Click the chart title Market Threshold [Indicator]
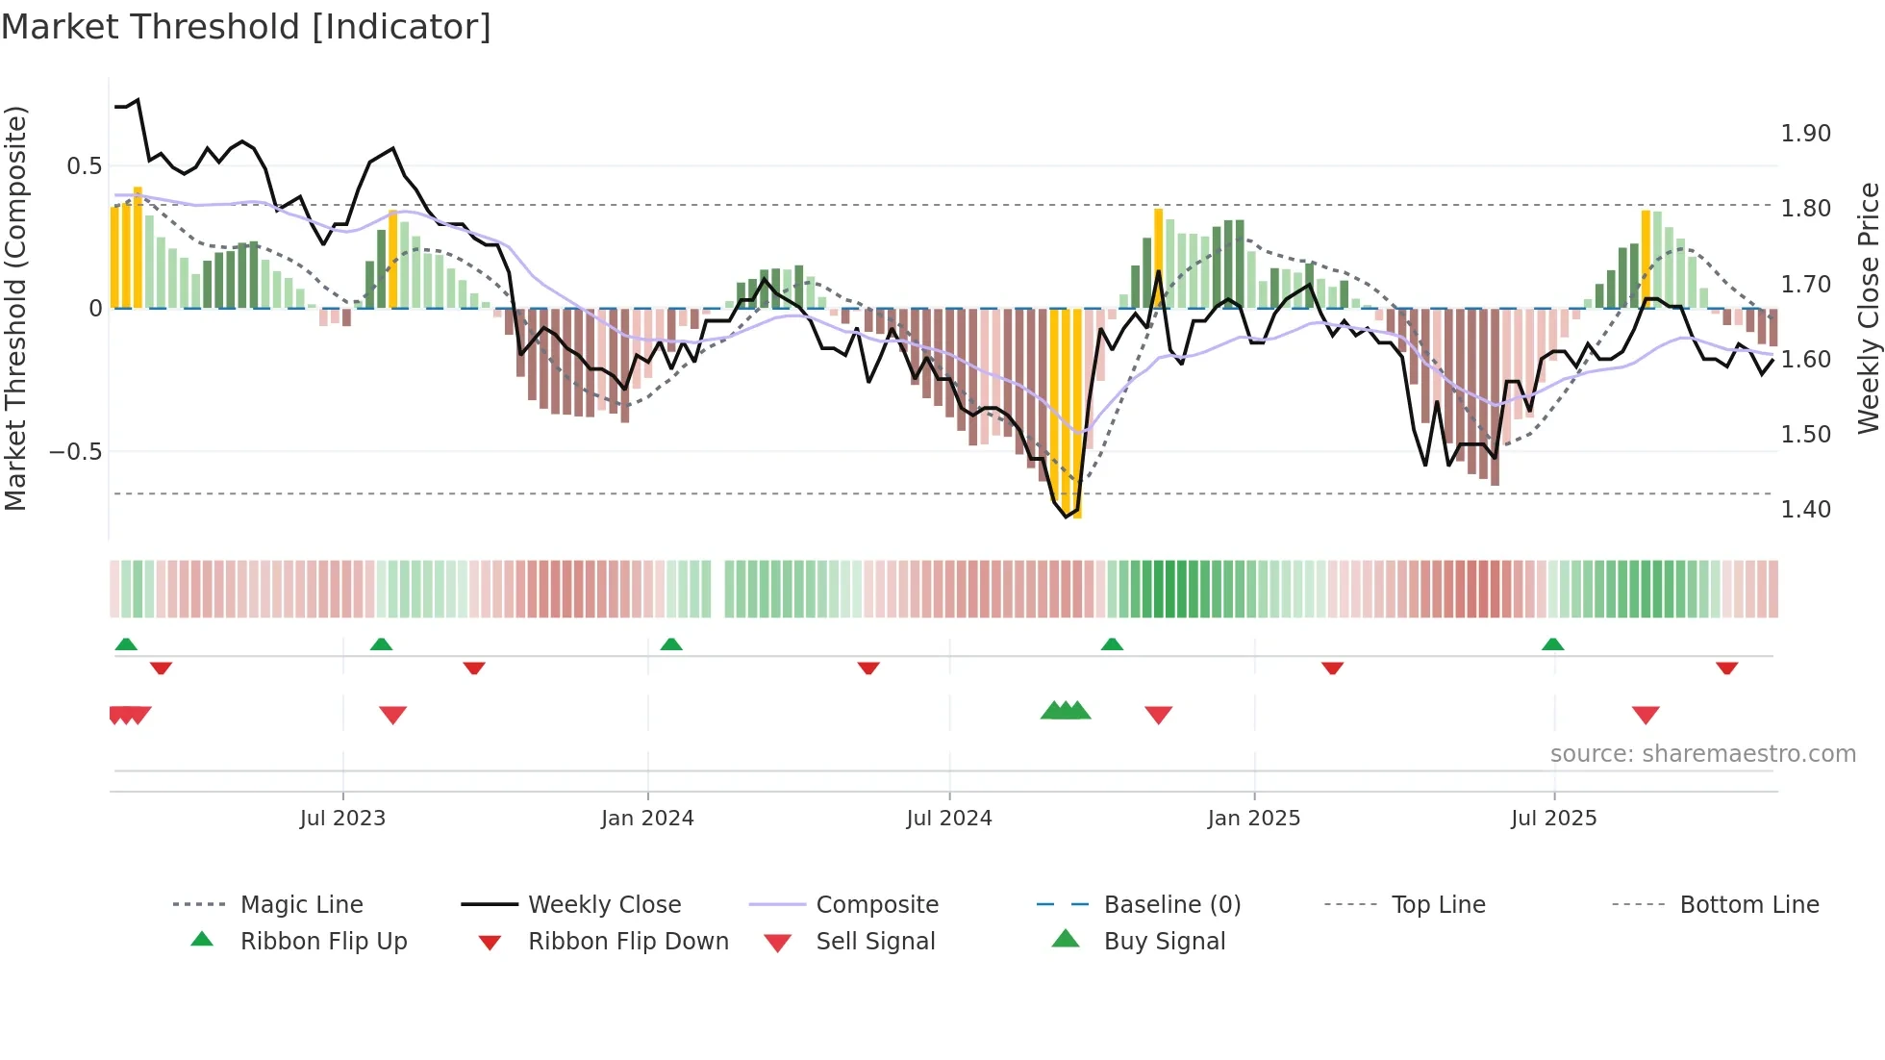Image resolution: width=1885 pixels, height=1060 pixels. click(246, 27)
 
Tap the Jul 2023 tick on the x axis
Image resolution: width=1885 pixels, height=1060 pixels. click(342, 819)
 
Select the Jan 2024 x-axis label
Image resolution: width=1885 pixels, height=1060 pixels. click(647, 819)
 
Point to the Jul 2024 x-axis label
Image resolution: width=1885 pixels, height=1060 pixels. click(949, 819)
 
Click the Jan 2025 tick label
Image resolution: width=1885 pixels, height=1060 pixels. click(1254, 819)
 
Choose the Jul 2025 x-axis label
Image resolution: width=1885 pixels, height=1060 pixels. click(1554, 819)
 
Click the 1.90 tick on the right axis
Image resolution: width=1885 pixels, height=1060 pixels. click(1805, 134)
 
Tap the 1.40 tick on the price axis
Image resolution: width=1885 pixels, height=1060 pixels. click(1805, 510)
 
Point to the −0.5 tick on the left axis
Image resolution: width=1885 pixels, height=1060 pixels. click(76, 452)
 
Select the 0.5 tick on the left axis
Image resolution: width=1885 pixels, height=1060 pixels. click(85, 166)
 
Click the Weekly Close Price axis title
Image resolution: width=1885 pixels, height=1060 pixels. click(1868, 308)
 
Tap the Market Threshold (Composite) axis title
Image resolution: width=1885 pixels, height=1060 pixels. click(15, 308)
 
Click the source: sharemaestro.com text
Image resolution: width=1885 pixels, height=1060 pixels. click(1702, 754)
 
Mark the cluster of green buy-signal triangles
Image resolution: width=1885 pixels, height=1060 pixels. click(1066, 711)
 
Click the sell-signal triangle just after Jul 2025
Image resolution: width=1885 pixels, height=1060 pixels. click(1646, 715)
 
